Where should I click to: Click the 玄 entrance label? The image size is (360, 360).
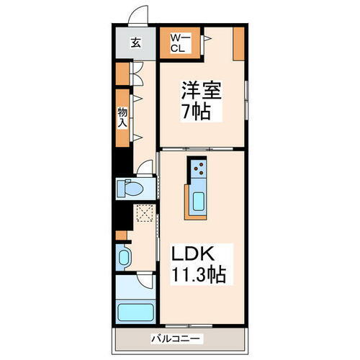point(135,42)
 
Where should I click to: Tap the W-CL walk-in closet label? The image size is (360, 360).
point(179,42)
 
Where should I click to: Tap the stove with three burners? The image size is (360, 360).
point(199,169)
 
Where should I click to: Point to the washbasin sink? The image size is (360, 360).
point(123,257)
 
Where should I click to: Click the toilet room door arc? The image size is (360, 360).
point(146,172)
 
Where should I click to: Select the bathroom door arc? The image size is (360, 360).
point(146,282)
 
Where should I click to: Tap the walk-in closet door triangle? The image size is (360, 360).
point(207,36)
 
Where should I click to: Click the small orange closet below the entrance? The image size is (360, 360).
point(122,72)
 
